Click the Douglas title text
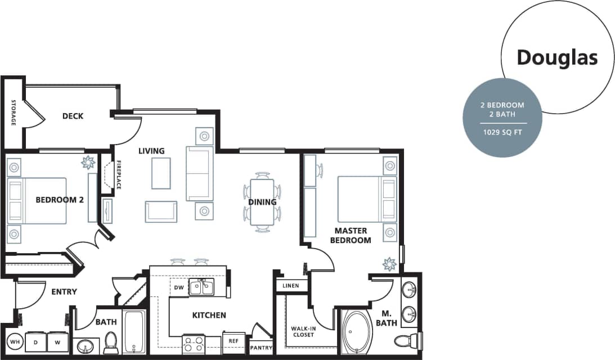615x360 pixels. click(x=556, y=57)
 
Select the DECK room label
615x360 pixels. click(x=73, y=116)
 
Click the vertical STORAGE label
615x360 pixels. click(x=13, y=112)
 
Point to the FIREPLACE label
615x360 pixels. click(x=119, y=175)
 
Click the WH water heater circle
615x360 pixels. click(x=14, y=341)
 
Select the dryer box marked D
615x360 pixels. click(x=35, y=341)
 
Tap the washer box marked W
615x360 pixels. click(x=57, y=341)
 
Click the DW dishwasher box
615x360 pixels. click(x=179, y=287)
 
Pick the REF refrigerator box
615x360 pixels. click(x=233, y=341)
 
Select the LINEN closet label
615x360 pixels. click(x=290, y=286)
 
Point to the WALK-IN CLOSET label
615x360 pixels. click(x=303, y=331)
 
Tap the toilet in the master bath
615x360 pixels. click(x=406, y=340)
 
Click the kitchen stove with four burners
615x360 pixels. click(x=194, y=343)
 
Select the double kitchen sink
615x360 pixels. click(x=201, y=287)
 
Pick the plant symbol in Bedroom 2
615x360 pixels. click(x=87, y=163)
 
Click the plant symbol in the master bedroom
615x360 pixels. click(x=389, y=264)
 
